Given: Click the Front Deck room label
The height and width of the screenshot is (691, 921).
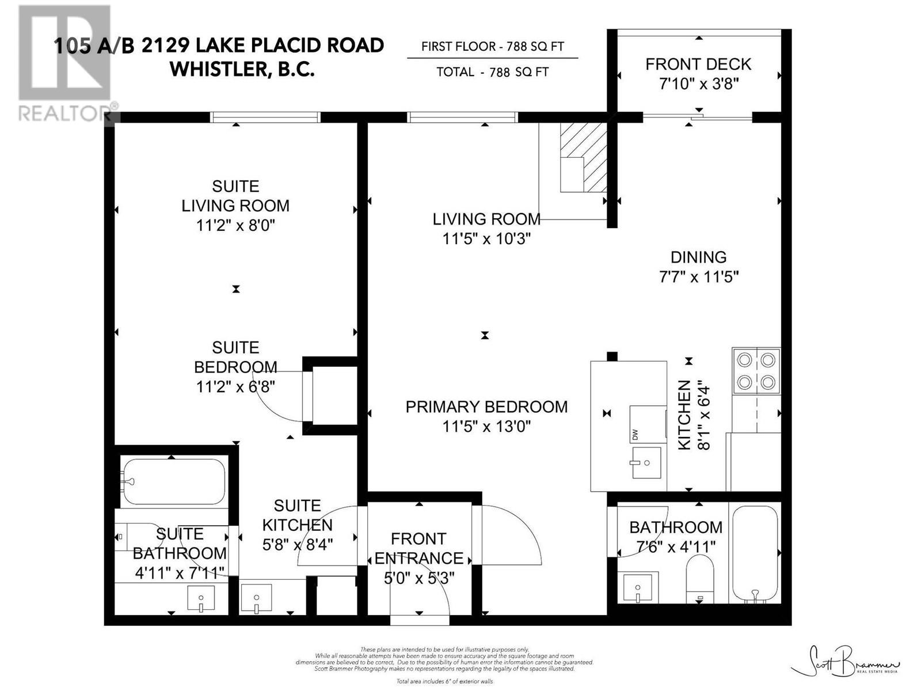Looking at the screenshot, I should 698,64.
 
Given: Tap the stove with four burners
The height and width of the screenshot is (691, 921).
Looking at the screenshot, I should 756,371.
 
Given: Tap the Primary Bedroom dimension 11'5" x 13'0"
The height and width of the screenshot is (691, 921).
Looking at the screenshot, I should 486,427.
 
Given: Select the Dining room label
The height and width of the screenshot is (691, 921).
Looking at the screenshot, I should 698,257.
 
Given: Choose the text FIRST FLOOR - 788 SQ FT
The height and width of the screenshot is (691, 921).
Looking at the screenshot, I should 492,47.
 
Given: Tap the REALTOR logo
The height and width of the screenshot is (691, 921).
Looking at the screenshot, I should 64,63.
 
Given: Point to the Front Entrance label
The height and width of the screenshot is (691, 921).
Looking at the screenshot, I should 418,548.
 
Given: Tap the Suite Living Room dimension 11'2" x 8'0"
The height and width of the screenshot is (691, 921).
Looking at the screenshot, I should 235,225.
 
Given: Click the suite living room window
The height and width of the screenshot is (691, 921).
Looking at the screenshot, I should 265,117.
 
